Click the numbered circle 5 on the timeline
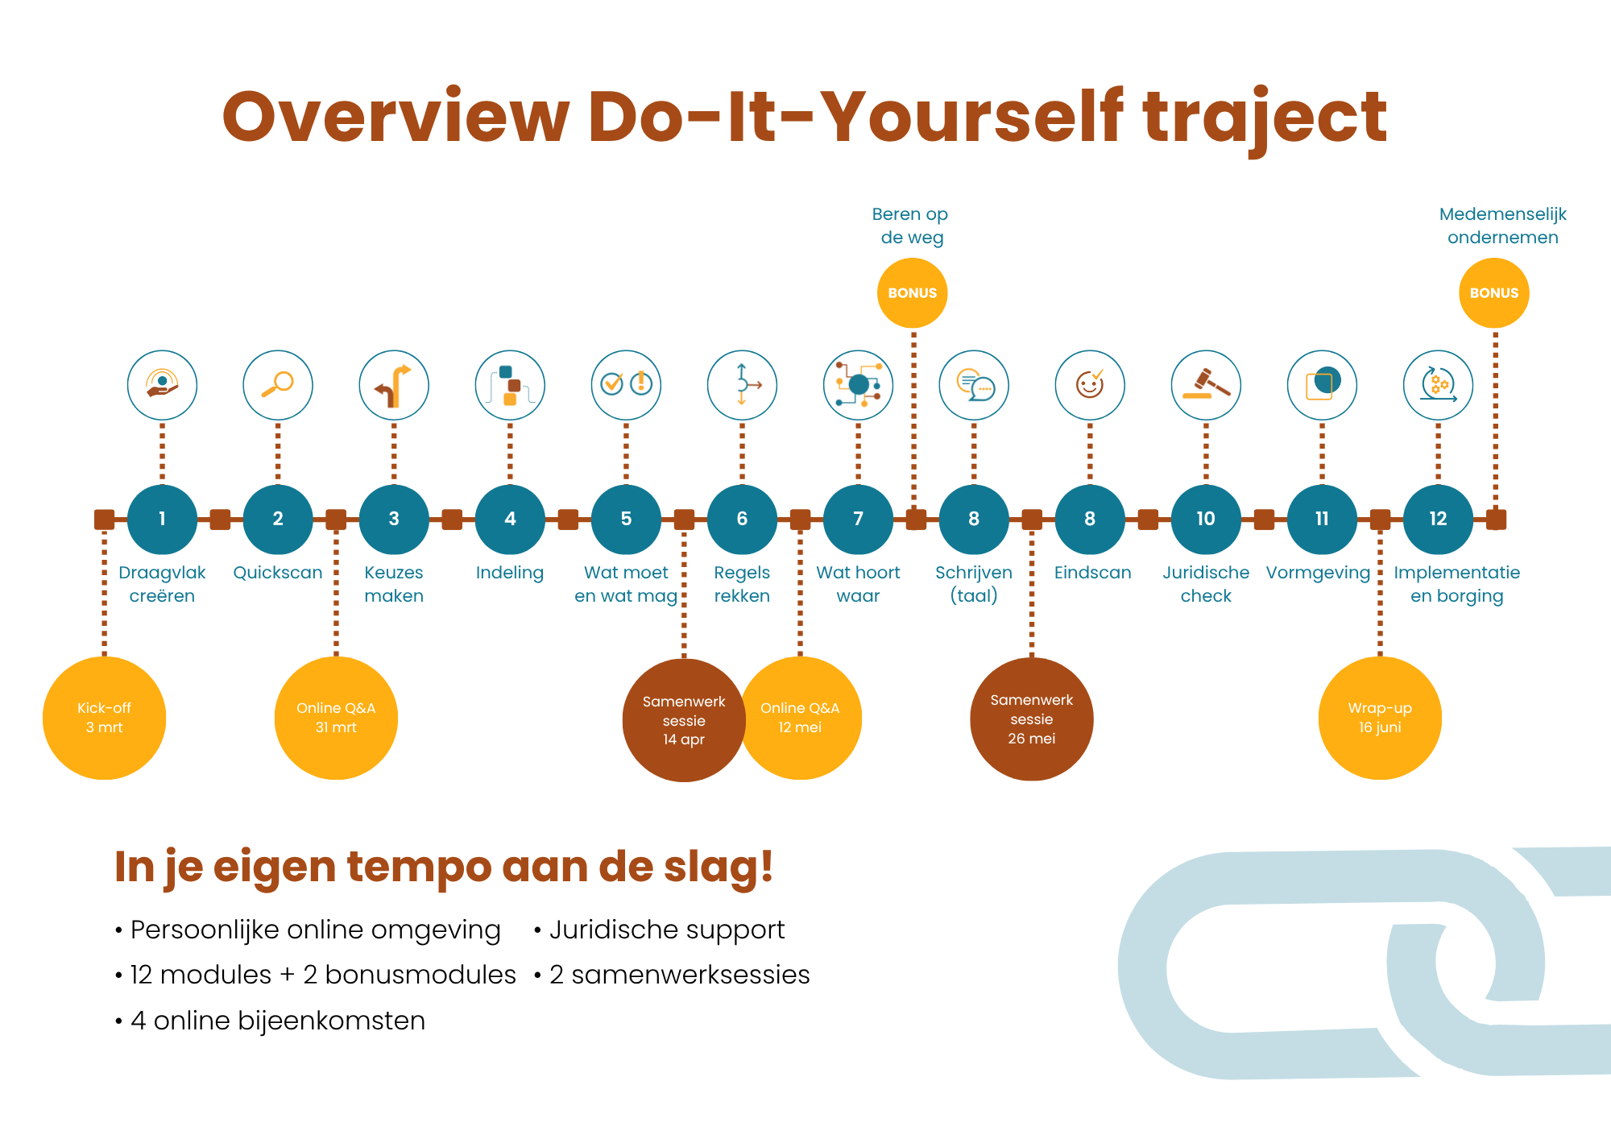pyautogui.click(x=626, y=520)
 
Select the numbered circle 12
pyautogui.click(x=1438, y=520)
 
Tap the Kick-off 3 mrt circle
pyautogui.click(x=104, y=718)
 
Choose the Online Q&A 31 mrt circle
pyautogui.click(x=336, y=718)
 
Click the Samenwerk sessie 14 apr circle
pyautogui.click(x=684, y=720)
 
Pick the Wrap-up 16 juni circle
pyautogui.click(x=1380, y=718)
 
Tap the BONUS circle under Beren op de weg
pyautogui.click(x=912, y=293)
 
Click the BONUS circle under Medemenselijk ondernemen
pyautogui.click(x=1494, y=293)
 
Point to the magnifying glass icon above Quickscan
pyautogui.click(x=278, y=385)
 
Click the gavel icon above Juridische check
pyautogui.click(x=1206, y=385)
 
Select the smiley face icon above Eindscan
pyautogui.click(x=1090, y=385)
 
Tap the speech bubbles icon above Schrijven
pyautogui.click(x=974, y=385)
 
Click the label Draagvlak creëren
pyautogui.click(x=162, y=584)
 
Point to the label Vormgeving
pyautogui.click(x=1318, y=573)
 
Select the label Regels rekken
pyautogui.click(x=742, y=584)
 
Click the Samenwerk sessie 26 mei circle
pyautogui.click(x=1032, y=719)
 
